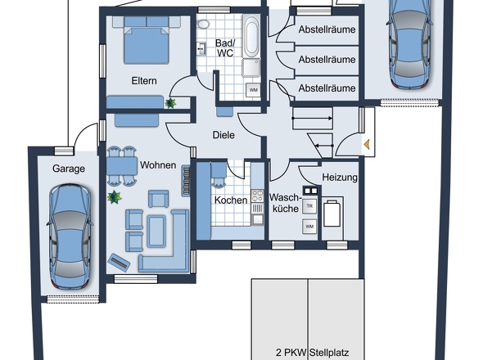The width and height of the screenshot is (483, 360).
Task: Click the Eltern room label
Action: [x=144, y=81]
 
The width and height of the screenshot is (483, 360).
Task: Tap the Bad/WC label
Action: [x=225, y=47]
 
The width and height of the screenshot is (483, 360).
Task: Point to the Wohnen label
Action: [x=158, y=165]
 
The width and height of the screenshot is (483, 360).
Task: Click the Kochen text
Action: [x=231, y=200]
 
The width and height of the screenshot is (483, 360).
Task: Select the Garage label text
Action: [x=69, y=169]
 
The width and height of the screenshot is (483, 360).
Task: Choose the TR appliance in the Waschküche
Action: [x=309, y=206]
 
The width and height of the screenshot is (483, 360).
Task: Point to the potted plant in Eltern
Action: [x=171, y=102]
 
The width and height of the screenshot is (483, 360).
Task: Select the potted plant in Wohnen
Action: [x=114, y=197]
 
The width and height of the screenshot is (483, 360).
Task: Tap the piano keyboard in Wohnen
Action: [x=187, y=181]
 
